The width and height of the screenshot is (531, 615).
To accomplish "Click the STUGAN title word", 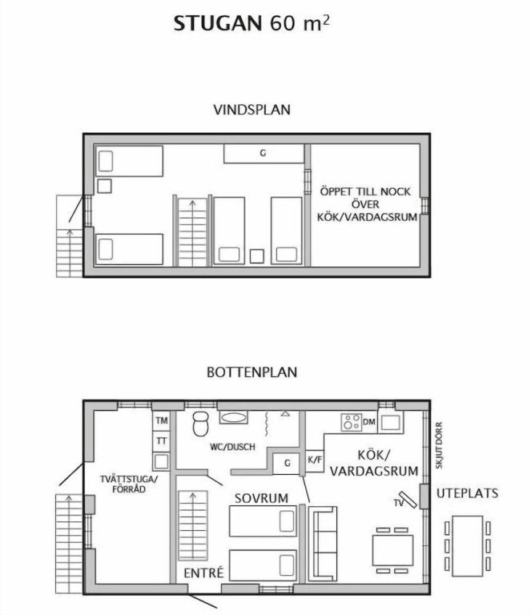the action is (218, 23).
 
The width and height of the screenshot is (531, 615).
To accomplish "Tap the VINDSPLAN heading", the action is (251, 110).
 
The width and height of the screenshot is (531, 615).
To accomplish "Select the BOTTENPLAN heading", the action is (251, 372).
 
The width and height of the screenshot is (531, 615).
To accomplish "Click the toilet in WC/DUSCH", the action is (200, 424).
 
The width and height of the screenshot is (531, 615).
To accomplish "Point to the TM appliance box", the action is (161, 421).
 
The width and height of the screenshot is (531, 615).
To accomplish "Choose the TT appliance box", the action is (161, 441).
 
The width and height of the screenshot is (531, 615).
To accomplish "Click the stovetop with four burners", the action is (351, 423).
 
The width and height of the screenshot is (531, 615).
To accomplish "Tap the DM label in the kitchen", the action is (369, 422).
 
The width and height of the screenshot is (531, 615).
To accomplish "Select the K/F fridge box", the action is (315, 460).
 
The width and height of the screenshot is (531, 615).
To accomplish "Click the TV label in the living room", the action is (398, 503).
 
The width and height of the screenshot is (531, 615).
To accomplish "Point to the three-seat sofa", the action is (323, 544).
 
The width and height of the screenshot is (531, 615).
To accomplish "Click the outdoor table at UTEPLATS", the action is (467, 546).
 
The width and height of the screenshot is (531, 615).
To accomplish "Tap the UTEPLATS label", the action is (467, 493).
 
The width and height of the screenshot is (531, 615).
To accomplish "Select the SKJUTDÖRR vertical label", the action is (439, 445).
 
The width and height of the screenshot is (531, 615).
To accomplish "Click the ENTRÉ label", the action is (203, 573).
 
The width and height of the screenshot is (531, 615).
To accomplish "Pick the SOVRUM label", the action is (261, 498).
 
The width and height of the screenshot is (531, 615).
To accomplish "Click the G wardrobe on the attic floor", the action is (264, 154).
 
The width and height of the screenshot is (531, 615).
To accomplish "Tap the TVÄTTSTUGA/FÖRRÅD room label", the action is (129, 484).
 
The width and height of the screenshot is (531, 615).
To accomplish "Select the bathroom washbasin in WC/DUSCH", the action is (234, 417).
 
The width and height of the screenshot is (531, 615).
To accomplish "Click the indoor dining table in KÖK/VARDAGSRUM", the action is (392, 550).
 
